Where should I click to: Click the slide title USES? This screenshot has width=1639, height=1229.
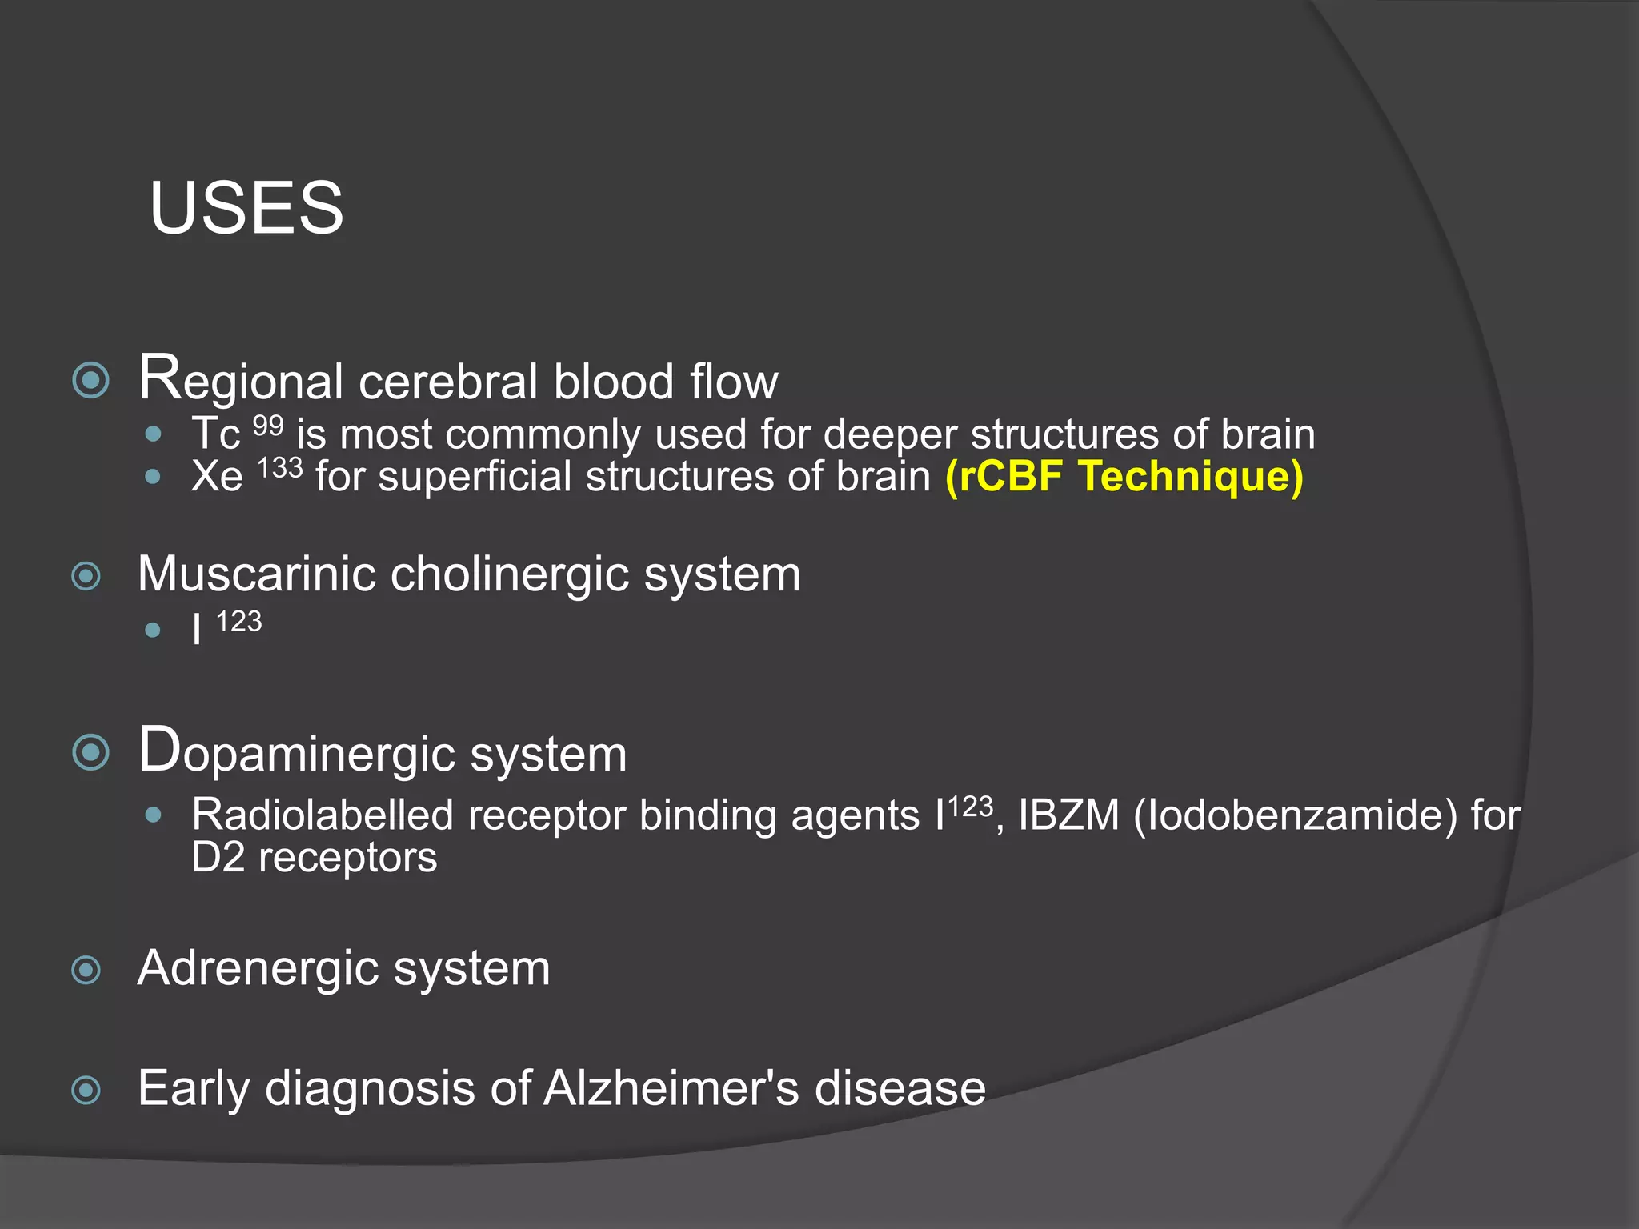pos(246,207)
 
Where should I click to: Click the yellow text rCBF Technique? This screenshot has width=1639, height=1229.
pos(1124,476)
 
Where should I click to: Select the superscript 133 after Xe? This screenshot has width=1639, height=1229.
pos(279,467)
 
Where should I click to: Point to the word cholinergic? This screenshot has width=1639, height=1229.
pos(509,576)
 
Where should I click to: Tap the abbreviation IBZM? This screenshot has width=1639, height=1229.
pos(1068,815)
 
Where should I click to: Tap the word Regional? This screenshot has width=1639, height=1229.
pos(241,380)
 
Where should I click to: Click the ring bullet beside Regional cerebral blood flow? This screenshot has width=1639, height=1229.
pos(90,380)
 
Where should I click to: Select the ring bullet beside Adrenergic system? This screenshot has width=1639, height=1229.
pos(86,971)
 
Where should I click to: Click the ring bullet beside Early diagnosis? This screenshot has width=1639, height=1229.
pos(86,1090)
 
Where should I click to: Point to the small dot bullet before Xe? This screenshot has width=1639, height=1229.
pos(153,478)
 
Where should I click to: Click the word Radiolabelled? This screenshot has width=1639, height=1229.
pos(323,815)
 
